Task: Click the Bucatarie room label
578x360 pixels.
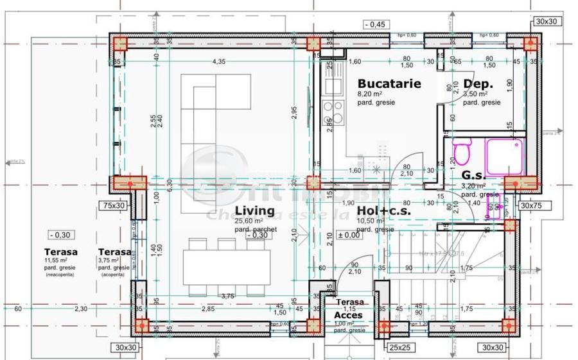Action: pos(389,83)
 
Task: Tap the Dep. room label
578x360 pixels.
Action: pos(478,84)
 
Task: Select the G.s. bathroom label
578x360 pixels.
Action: pos(474,175)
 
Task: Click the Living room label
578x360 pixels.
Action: pos(254,211)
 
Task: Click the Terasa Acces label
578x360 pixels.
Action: pos(349,309)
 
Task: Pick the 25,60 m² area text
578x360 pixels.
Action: pos(249,221)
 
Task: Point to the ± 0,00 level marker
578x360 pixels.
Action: pos(349,236)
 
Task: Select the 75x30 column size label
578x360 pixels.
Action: pos(112,205)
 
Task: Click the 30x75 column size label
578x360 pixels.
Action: pos(532,206)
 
